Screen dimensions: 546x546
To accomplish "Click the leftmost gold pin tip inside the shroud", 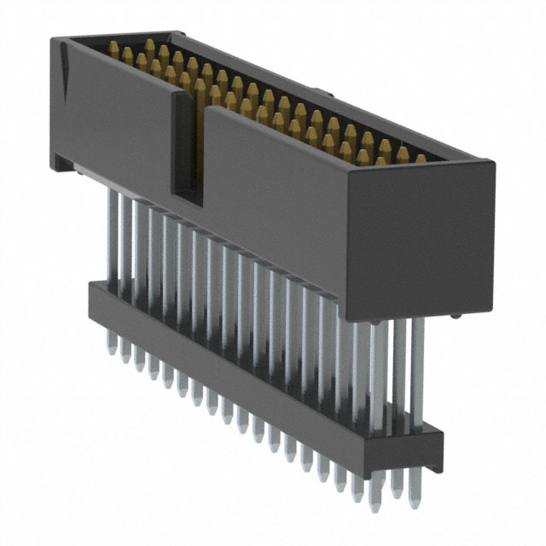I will tap(113, 54).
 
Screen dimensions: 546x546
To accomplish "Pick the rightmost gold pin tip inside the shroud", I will tap(421, 159).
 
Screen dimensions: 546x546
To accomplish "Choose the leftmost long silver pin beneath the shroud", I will tap(111, 239).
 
